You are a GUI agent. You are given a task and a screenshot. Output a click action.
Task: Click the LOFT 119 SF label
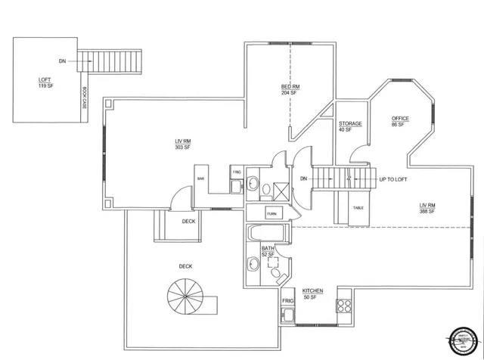point(46,82)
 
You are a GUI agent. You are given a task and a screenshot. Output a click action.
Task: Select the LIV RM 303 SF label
point(181,144)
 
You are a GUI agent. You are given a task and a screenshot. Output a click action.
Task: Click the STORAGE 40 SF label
point(350,126)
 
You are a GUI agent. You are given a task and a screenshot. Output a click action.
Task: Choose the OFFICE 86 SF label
point(400,122)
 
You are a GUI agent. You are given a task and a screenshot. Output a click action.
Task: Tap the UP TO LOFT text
point(392,180)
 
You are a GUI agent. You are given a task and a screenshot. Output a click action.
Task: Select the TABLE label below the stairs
point(358,207)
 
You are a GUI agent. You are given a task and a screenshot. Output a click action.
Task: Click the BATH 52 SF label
point(268,250)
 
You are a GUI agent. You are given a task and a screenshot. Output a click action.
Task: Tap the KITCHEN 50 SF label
point(313,293)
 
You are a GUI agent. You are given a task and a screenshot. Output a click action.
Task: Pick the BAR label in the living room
point(200,178)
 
